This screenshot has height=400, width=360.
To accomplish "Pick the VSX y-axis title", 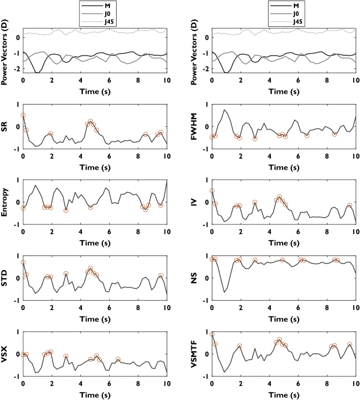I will [5, 354].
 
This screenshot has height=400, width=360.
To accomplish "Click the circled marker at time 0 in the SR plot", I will [23, 115].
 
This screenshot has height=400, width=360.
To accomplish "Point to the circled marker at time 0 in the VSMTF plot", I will [212, 334].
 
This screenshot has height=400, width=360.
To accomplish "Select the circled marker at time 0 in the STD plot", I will [23, 262].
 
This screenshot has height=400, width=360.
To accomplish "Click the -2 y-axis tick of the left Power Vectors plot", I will [17, 69].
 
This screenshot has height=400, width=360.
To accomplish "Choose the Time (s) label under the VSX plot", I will [95, 394].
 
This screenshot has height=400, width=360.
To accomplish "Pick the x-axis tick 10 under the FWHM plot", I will [355, 156].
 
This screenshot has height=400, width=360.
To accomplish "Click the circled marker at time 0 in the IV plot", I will [212, 191].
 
